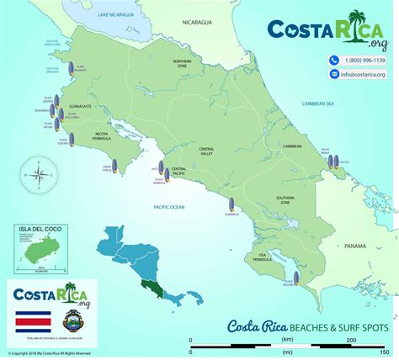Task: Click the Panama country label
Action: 354,246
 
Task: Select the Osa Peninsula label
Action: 268,256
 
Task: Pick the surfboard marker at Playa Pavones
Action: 295,278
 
